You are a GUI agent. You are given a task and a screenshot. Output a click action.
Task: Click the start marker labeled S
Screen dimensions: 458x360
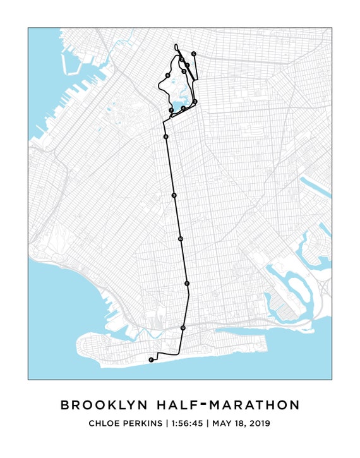[194, 54]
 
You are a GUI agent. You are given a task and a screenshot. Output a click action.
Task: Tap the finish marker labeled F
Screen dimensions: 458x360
[151, 359]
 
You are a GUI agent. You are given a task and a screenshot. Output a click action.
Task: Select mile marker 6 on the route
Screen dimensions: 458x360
[167, 76]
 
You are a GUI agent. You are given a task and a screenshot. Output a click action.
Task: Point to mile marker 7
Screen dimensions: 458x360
[171, 111]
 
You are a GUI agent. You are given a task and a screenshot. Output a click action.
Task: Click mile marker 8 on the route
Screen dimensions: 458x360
[165, 136]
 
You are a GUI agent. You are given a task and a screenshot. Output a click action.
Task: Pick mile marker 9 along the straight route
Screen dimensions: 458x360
[174, 196]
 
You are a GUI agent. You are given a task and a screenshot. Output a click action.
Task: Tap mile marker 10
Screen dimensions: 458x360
[181, 239]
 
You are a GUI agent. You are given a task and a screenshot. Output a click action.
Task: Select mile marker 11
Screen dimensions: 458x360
[187, 284]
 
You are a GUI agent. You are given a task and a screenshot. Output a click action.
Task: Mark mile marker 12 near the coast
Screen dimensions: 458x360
[183, 328]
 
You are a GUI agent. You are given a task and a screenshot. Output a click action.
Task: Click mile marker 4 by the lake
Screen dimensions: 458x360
[183, 109]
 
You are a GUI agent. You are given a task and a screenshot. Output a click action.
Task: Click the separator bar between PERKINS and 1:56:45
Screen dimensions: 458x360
[167, 423]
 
